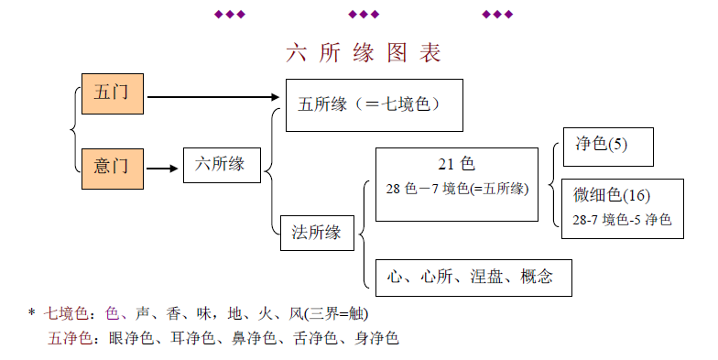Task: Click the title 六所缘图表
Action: pyautogui.click(x=364, y=53)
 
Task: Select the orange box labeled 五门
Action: pyautogui.click(x=113, y=94)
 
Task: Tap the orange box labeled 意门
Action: pyautogui.click(x=113, y=168)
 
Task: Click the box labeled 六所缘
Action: pyautogui.click(x=220, y=165)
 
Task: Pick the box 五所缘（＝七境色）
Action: pyautogui.click(x=374, y=105)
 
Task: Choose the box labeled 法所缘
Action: pyautogui.click(x=318, y=233)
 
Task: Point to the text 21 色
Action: pyautogui.click(x=455, y=165)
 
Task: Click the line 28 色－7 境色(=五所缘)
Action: pyautogui.click(x=457, y=189)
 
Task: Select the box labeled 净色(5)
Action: pyautogui.click(x=607, y=146)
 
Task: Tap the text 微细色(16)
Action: pyautogui.click(x=612, y=195)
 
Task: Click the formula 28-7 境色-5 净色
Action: pyautogui.click(x=623, y=220)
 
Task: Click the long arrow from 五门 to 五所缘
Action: pyautogui.click(x=212, y=95)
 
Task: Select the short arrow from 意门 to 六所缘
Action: pyautogui.click(x=162, y=169)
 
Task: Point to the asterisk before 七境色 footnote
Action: pyautogui.click(x=31, y=313)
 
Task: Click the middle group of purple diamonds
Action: pyautogui.click(x=364, y=14)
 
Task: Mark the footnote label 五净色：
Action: pyautogui.click(x=72, y=339)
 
